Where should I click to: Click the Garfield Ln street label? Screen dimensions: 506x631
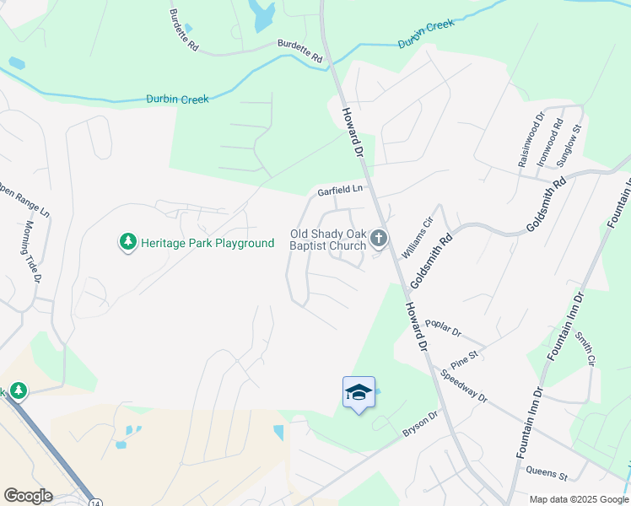[x=339, y=191]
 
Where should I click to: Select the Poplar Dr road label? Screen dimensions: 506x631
[x=443, y=328]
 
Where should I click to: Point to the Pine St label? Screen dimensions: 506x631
[x=464, y=358]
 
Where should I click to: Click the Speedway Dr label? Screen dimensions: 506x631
[x=464, y=385]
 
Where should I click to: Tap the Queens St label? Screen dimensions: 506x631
[x=547, y=475]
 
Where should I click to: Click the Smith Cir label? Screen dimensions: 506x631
[x=585, y=349]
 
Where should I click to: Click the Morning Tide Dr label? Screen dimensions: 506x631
[x=33, y=251]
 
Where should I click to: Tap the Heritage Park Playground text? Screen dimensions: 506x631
[x=207, y=243]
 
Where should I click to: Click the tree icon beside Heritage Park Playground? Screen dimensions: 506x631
[x=127, y=243]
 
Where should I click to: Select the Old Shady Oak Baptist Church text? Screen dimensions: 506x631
[x=328, y=240]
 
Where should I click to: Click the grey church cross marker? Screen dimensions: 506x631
[x=379, y=240]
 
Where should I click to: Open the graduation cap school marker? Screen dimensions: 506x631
[x=359, y=392]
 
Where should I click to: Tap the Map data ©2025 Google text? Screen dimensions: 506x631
[x=578, y=499]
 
